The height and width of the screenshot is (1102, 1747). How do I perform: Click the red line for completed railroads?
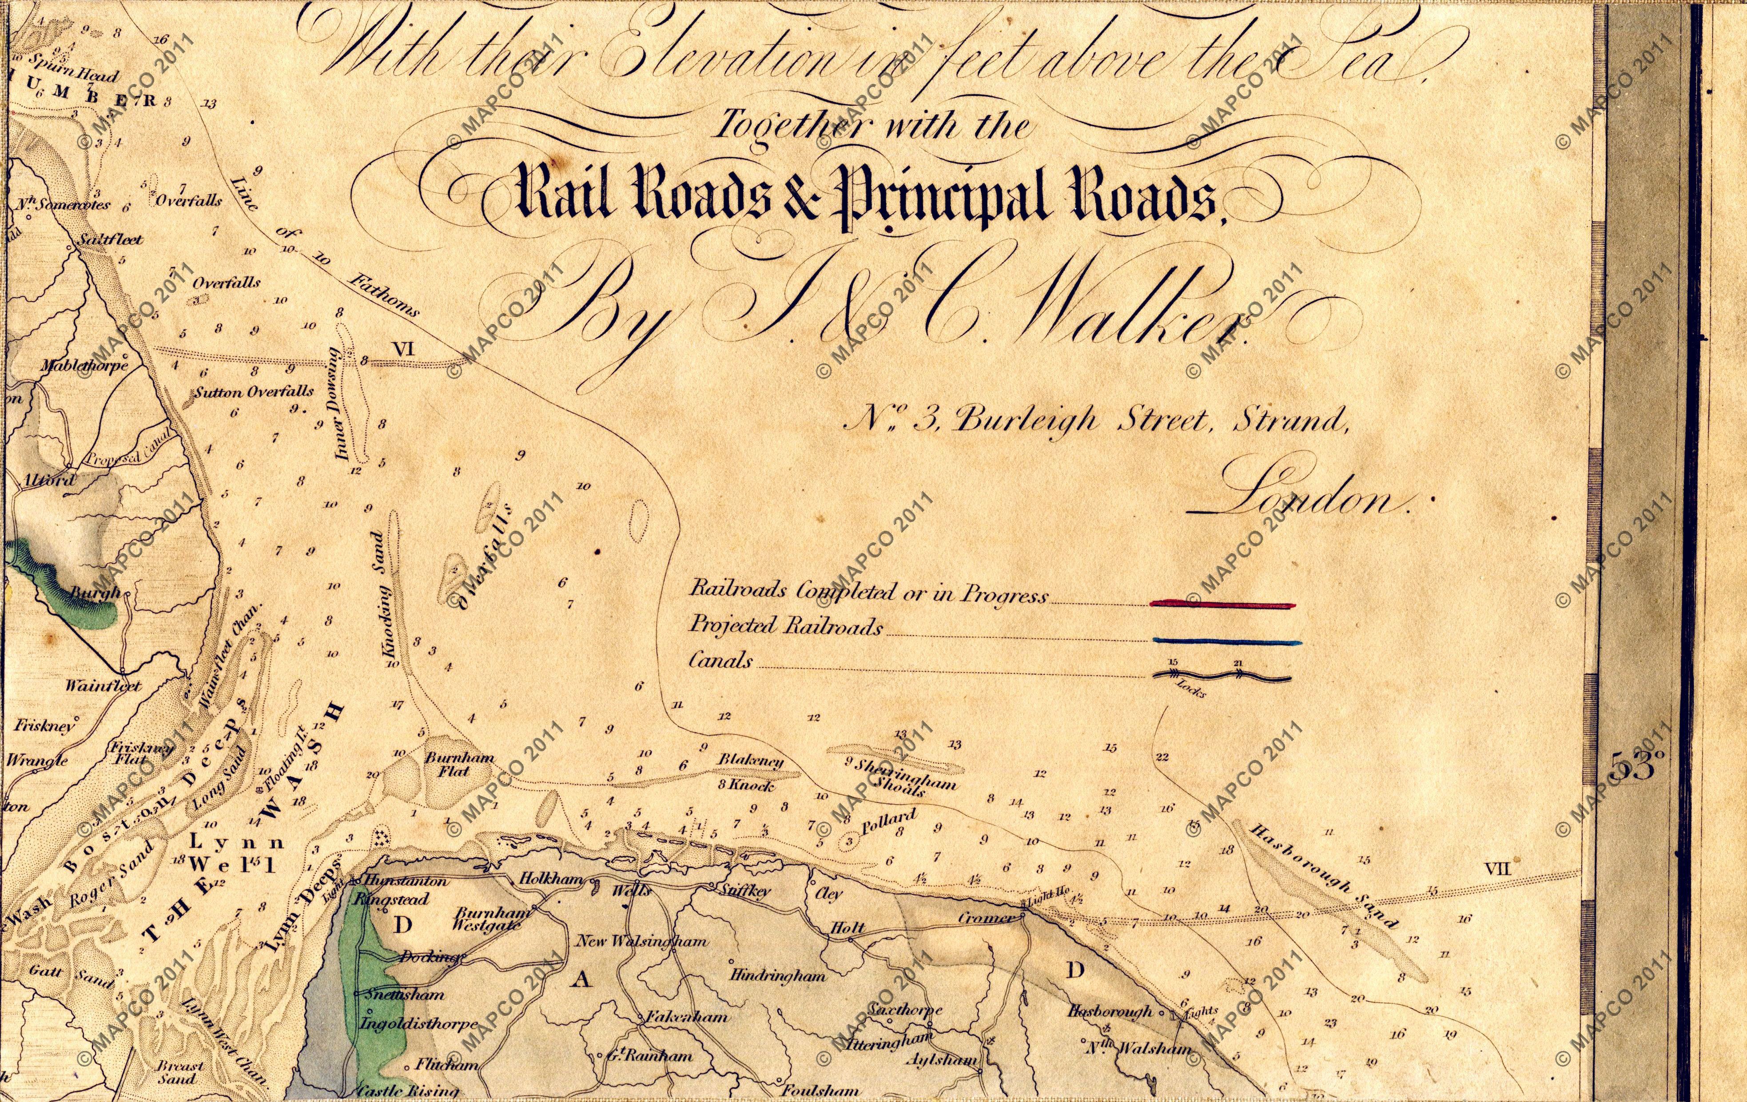pos(1222,603)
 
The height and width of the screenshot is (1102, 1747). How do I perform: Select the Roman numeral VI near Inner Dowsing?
pos(402,349)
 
